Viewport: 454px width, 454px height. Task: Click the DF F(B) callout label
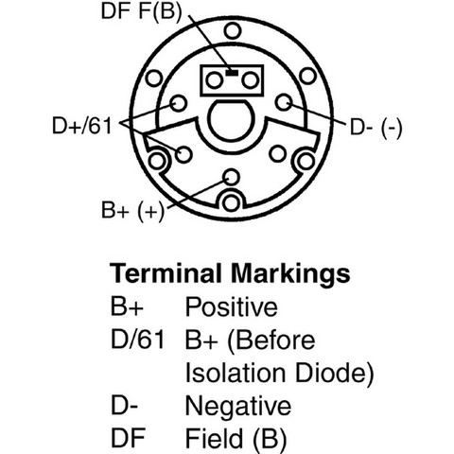[142, 11]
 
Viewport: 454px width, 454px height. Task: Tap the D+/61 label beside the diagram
[82, 126]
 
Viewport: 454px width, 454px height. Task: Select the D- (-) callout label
[376, 128]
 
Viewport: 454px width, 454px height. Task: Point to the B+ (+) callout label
[132, 210]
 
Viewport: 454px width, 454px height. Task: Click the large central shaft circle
[230, 120]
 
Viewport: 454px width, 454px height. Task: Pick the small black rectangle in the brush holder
[232, 73]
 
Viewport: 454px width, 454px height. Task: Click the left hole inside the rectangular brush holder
[214, 80]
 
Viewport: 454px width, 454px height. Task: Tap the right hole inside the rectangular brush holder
[251, 80]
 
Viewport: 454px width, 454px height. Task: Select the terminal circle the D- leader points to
[284, 102]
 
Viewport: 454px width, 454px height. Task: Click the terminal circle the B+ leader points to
[231, 177]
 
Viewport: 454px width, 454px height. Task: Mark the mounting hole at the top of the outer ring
[233, 31]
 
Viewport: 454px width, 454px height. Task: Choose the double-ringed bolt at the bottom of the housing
[231, 202]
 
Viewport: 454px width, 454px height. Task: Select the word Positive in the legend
[232, 306]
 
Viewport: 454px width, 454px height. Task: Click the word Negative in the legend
[238, 407]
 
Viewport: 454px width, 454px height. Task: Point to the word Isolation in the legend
[236, 373]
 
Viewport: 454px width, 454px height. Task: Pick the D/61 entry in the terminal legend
[138, 340]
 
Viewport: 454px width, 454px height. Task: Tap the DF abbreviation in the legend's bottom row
[128, 438]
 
